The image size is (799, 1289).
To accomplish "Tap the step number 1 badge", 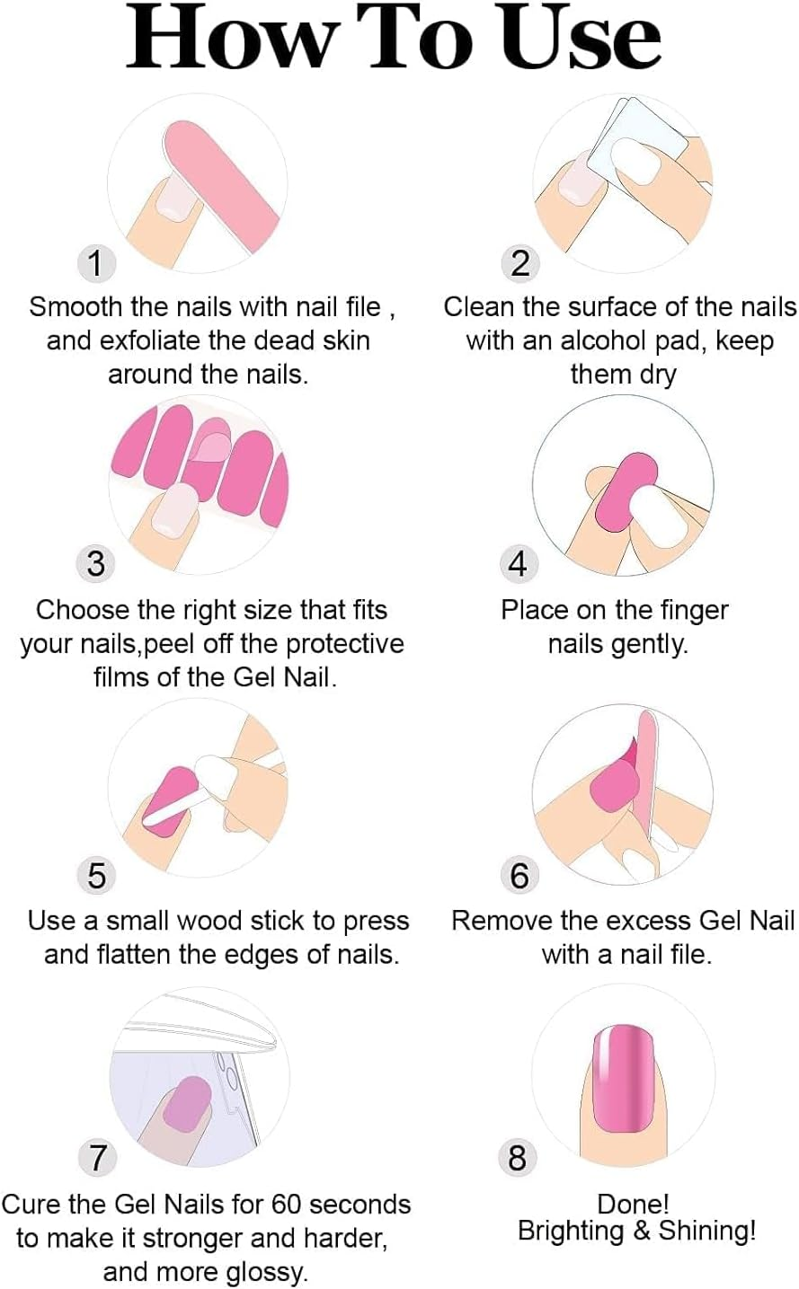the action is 96,263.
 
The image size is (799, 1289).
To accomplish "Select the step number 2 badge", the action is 519,263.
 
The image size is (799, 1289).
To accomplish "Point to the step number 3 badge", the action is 96,563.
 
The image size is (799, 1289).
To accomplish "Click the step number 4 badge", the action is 518,563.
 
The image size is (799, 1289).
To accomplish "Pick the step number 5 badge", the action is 96,875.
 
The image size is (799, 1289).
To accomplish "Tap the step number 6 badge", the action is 519,875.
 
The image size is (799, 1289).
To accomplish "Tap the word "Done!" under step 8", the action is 634,1205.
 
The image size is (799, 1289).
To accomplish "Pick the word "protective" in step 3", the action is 345,644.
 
